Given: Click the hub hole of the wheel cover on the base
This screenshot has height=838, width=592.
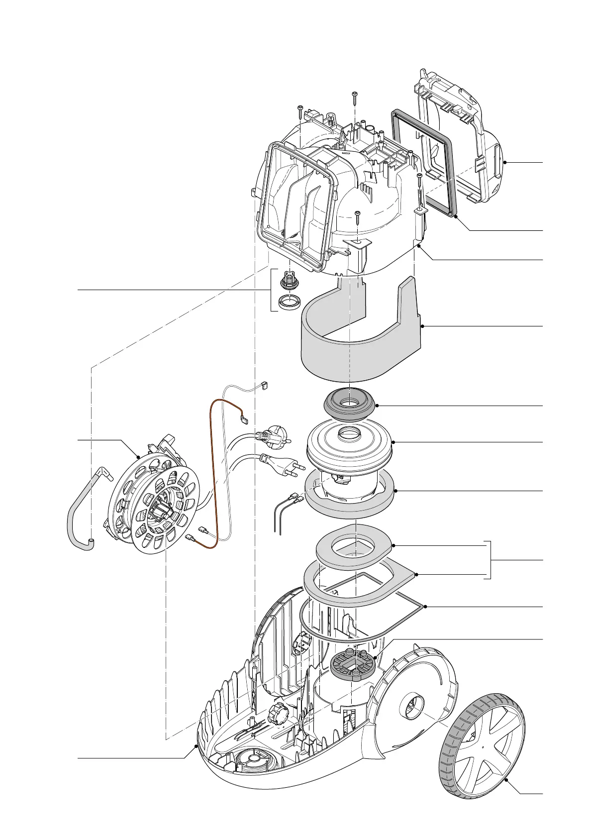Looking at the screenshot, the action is (x=412, y=708).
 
